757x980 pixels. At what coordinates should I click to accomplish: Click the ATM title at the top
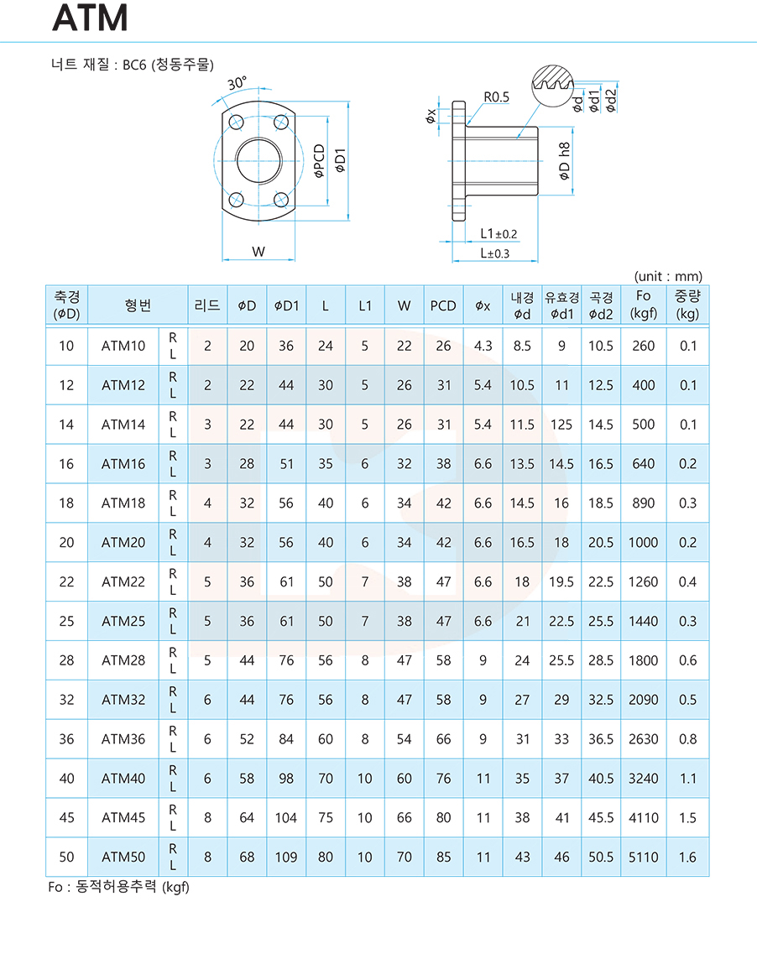tap(91, 18)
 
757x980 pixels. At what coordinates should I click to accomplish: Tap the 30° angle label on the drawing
tap(237, 83)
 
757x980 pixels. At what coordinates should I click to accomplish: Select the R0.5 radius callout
tap(496, 96)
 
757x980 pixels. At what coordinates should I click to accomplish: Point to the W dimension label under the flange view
tap(258, 251)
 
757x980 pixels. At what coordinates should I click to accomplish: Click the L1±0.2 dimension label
tap(499, 234)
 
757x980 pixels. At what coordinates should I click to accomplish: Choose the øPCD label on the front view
tap(320, 160)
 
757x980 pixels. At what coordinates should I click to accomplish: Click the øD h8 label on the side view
tap(565, 161)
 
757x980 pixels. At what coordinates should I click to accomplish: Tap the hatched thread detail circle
tap(553, 85)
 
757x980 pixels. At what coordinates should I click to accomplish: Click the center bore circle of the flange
tap(258, 159)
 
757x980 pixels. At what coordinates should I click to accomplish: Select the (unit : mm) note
tap(668, 276)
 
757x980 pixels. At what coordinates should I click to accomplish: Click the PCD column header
tap(443, 305)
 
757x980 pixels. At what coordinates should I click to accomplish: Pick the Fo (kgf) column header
tap(643, 305)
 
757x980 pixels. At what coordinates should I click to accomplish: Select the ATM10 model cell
tap(123, 346)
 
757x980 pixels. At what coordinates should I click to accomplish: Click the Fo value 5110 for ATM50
tap(643, 857)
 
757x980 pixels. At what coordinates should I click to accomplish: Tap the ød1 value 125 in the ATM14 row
tap(561, 425)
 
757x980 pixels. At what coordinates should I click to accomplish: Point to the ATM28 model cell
tap(123, 660)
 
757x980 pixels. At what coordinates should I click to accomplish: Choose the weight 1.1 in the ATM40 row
tap(687, 778)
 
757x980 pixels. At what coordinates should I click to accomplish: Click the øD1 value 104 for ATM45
tap(285, 817)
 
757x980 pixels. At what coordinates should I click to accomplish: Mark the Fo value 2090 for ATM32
tap(643, 700)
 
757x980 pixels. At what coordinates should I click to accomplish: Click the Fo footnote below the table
tap(119, 887)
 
